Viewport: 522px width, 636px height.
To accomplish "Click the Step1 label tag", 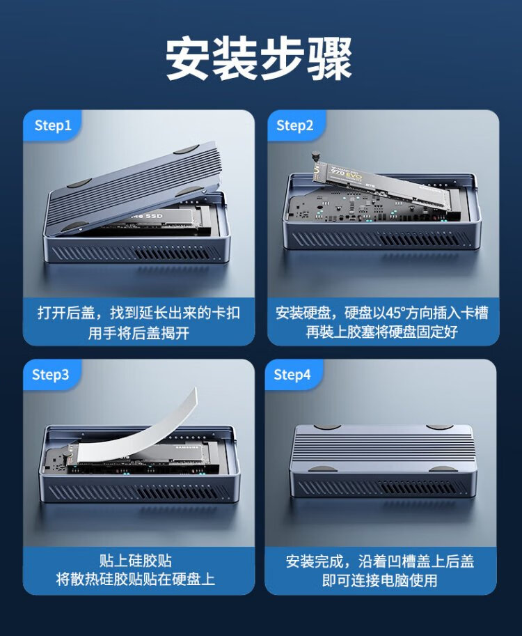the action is [x=53, y=125].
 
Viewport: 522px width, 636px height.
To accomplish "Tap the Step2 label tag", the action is [x=295, y=125].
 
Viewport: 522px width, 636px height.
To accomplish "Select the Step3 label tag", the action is [x=51, y=374].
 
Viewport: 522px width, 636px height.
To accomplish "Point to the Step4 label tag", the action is [x=292, y=374].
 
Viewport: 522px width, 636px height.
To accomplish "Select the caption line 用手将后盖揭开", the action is [x=139, y=333].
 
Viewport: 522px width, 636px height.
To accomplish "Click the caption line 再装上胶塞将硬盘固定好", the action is [x=382, y=332].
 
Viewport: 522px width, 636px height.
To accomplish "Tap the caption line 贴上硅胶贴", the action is [x=136, y=561].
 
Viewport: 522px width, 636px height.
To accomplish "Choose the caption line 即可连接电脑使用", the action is [x=380, y=580].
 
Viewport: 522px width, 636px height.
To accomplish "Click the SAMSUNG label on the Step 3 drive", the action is [x=187, y=447].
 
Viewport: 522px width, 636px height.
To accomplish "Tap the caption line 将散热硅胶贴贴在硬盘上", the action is [x=136, y=579].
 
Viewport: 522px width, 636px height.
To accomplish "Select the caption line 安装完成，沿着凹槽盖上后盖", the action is [x=380, y=561].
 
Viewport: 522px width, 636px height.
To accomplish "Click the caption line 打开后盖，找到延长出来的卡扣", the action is [x=139, y=313].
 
